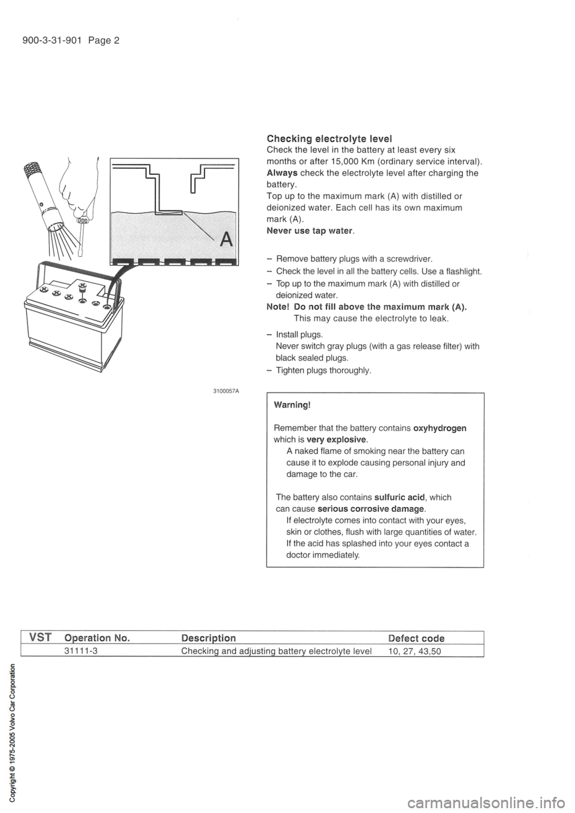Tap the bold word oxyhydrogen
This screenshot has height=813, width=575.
[440, 428]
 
